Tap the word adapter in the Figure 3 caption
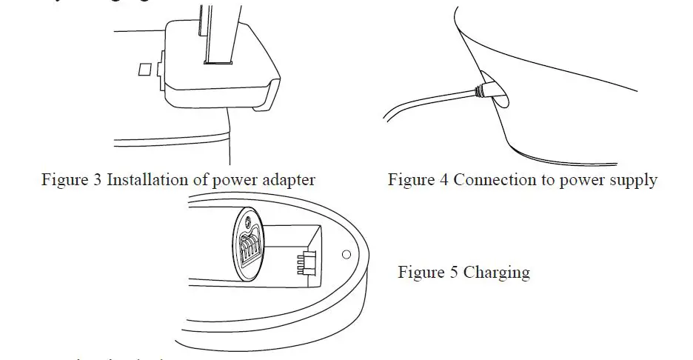click(x=289, y=180)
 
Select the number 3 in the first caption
click(x=98, y=180)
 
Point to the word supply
click(x=633, y=180)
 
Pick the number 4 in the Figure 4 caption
click(x=444, y=180)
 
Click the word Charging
click(x=497, y=273)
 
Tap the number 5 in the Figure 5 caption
click(x=455, y=273)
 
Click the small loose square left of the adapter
click(x=145, y=68)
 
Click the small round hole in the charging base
click(x=346, y=254)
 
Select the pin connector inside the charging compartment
click(x=305, y=263)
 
